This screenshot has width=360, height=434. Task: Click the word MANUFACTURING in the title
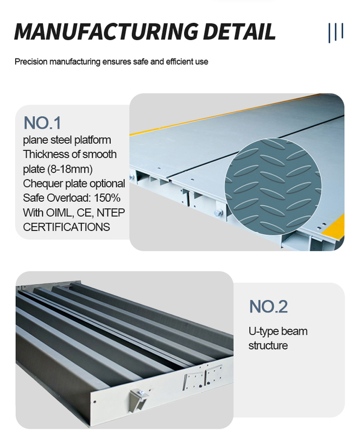pyautogui.click(x=106, y=31)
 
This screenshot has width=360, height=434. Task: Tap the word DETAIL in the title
pyautogui.click(x=239, y=31)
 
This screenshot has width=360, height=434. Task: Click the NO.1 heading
pyautogui.click(x=42, y=123)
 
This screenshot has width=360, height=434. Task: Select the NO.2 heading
pyautogui.click(x=268, y=307)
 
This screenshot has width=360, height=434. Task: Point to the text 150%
pyautogui.click(x=107, y=198)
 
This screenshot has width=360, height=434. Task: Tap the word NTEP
pyautogui.click(x=111, y=213)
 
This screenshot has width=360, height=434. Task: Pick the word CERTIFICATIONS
pyautogui.click(x=66, y=227)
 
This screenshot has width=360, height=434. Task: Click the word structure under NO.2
pyautogui.click(x=268, y=346)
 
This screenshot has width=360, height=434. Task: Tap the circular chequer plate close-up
pyautogui.click(x=273, y=187)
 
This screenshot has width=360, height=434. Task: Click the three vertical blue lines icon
pyautogui.click(x=336, y=33)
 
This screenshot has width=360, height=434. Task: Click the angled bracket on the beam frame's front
pyautogui.click(x=138, y=399)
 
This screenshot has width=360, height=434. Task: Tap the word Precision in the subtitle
pyautogui.click(x=31, y=61)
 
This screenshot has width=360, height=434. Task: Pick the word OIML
pyautogui.click(x=60, y=213)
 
